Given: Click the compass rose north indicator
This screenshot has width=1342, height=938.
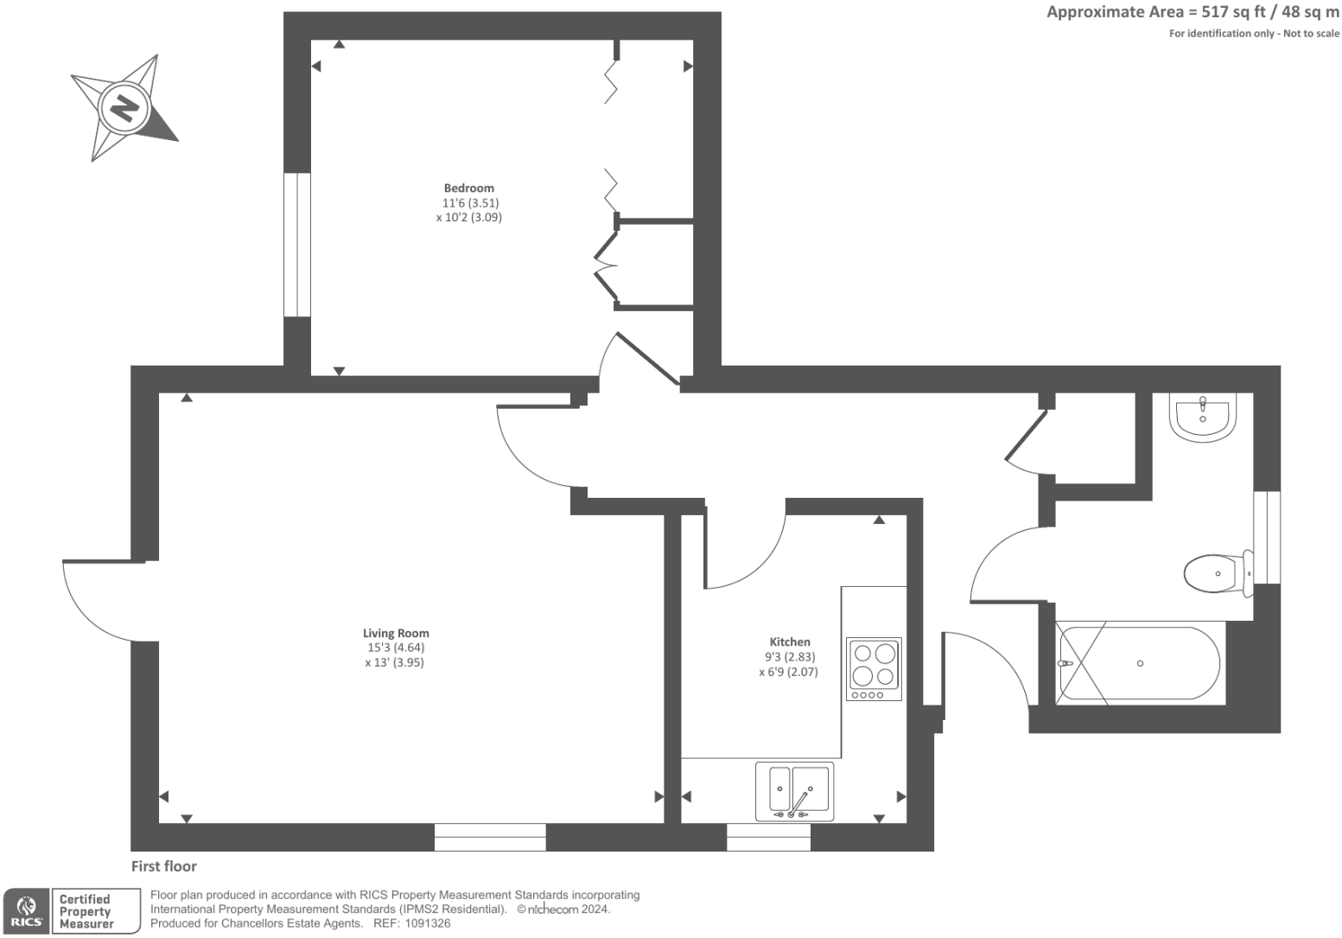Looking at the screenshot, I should (125, 108).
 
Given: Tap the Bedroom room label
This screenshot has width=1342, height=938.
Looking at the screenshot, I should (468, 188).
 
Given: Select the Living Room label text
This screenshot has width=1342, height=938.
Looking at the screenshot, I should (396, 633).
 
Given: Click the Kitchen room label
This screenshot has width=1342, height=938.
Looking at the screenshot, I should (790, 641).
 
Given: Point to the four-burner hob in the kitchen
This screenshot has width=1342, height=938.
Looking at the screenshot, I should (874, 668).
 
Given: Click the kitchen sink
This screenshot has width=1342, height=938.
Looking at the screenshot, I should (794, 790).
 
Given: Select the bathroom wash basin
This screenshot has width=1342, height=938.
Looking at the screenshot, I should (1202, 417).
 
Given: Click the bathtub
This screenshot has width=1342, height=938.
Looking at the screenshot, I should (1139, 663).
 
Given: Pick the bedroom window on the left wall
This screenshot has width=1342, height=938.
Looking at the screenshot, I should (296, 245).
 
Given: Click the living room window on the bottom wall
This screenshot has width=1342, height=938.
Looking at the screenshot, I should (490, 837).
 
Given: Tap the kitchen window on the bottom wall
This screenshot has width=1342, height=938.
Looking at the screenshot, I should (768, 837).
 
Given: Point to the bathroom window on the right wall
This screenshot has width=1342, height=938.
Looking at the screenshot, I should (1266, 537).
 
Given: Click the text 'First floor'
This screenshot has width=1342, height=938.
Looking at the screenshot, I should (164, 866).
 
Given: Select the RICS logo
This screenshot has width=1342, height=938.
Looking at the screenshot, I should (26, 911).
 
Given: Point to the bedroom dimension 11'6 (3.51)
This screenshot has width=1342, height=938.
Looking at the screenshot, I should (470, 203).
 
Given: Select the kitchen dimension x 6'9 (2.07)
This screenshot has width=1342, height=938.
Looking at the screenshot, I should (788, 672).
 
